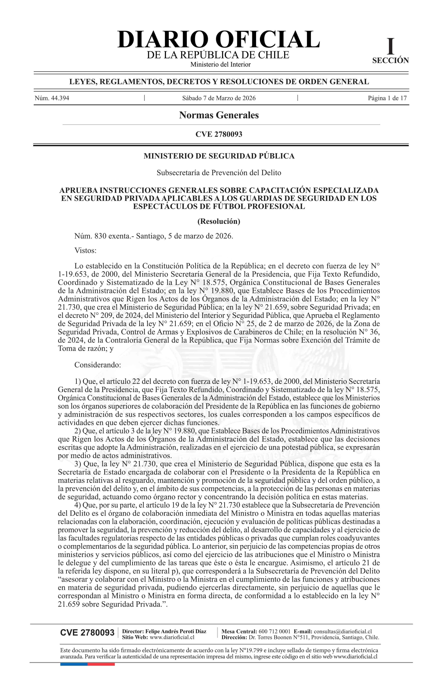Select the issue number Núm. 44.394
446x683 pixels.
(52, 98)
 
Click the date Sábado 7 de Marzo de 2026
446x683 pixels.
(219, 98)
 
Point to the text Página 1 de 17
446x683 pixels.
(387, 98)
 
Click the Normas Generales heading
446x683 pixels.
(219, 115)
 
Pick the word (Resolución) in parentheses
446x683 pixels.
(219, 221)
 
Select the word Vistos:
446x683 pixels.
(85, 251)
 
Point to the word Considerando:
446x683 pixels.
(97, 365)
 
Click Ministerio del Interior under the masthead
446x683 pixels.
(220, 65)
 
